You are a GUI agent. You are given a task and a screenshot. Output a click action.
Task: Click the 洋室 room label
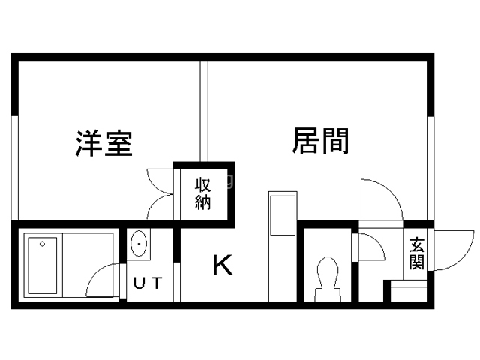click(x=104, y=143)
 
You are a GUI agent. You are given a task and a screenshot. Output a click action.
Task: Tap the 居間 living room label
click(x=320, y=140)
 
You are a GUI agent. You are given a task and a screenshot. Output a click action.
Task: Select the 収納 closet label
click(x=203, y=193)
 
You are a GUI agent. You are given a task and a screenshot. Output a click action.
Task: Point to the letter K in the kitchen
click(x=222, y=265)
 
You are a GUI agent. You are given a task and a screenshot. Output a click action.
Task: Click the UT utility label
click(x=147, y=283)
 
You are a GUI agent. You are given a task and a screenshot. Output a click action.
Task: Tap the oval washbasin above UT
click(x=139, y=243)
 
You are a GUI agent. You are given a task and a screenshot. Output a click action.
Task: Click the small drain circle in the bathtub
click(x=43, y=242)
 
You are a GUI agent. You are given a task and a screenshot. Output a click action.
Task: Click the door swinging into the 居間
click(x=380, y=199)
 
